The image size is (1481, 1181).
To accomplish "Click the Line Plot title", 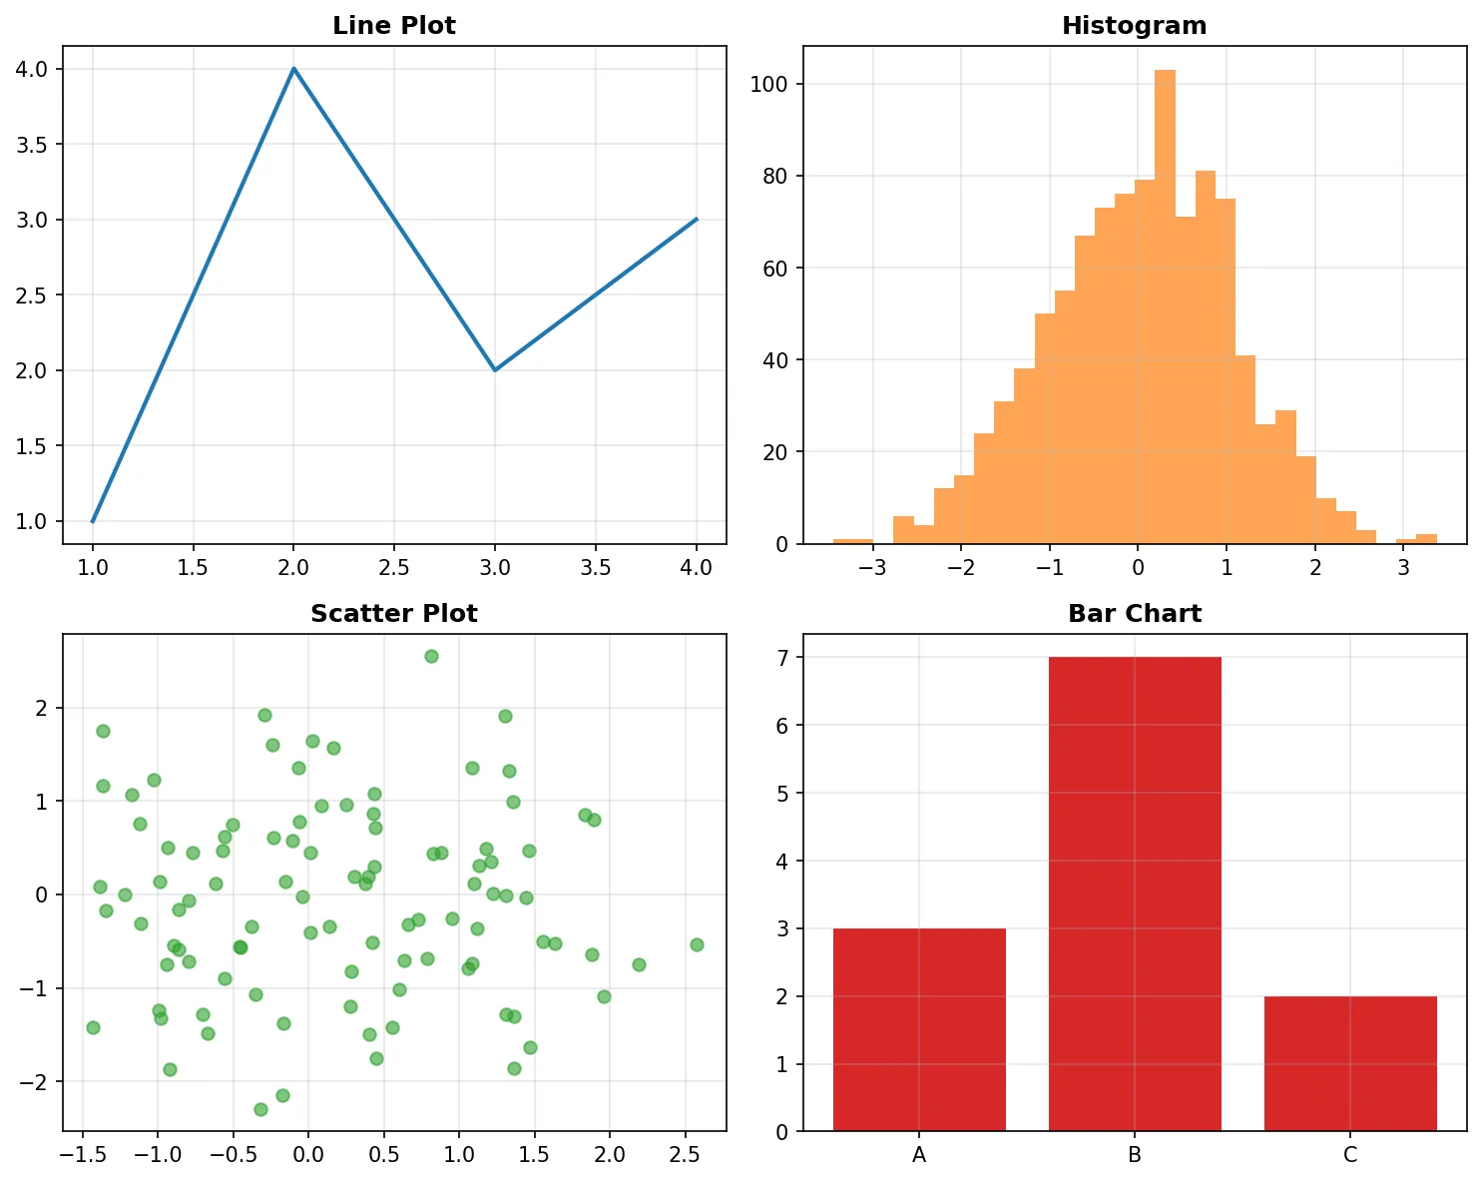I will (x=393, y=26).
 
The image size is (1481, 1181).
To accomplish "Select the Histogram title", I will (x=1134, y=26).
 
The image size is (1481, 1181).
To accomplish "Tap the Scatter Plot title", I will (x=393, y=614).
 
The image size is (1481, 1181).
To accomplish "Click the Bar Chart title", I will (x=1134, y=614).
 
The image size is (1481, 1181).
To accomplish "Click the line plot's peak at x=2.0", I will (x=293, y=69).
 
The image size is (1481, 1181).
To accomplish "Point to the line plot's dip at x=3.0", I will (x=495, y=370).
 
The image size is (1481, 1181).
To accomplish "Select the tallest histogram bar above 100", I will (x=1165, y=299).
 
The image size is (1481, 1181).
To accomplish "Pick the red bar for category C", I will (x=1349, y=1063).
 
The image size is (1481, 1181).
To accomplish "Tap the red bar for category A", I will (x=919, y=1029).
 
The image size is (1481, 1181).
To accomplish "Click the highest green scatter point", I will (x=431, y=656).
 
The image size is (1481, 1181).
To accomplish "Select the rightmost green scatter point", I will (x=697, y=944).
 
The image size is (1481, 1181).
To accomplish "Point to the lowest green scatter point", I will (x=260, y=1109).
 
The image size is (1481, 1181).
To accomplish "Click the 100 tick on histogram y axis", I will (x=769, y=84).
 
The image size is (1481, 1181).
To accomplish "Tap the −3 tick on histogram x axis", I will (x=872, y=568).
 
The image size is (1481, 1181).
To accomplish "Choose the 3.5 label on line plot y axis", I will (x=32, y=145).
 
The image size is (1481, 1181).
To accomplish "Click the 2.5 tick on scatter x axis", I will (x=685, y=1155).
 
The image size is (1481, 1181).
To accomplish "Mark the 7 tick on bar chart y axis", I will (x=782, y=658).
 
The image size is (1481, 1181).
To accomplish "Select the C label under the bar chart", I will (x=1349, y=1156).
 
